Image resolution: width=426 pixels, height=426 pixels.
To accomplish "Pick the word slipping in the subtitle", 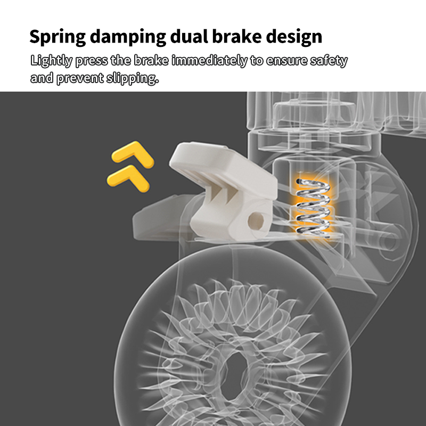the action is point(134,79).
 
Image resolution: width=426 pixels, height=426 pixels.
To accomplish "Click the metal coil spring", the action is point(313,206).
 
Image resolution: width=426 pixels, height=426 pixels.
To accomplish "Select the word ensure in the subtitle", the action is point(286,61).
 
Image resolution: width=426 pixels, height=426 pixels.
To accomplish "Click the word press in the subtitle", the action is point(92,61).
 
